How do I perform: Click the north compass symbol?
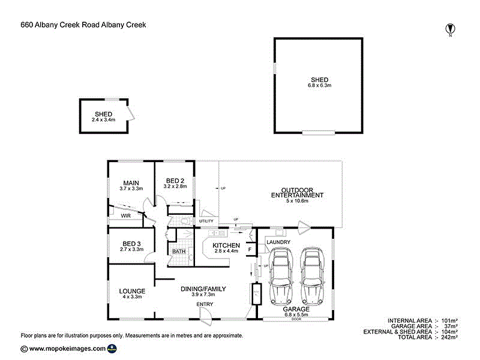449,28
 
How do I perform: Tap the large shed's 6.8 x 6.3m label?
319,86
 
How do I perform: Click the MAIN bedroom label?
131,183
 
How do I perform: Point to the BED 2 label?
175,181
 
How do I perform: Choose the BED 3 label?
131,243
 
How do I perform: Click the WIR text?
126,215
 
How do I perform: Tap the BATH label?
179,251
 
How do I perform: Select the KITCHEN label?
227,245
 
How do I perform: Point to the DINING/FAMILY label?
203,289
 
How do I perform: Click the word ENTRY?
205,304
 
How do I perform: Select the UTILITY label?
206,221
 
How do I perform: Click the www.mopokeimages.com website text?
67,348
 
